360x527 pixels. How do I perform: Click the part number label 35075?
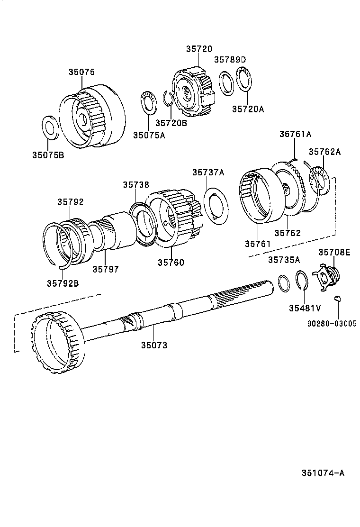81,72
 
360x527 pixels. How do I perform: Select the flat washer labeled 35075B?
50,127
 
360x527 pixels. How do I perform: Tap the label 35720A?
248,109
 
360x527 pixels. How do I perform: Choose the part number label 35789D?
230,59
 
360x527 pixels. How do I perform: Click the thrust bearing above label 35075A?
149,103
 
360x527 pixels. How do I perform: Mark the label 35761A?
295,134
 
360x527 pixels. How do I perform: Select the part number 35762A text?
324,152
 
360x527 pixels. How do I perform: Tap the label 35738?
136,185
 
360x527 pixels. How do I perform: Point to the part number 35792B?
63,283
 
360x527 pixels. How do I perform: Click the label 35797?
105,269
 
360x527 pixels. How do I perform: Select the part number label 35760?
171,262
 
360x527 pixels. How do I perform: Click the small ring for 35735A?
283,283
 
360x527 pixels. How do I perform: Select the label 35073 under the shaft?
154,345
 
